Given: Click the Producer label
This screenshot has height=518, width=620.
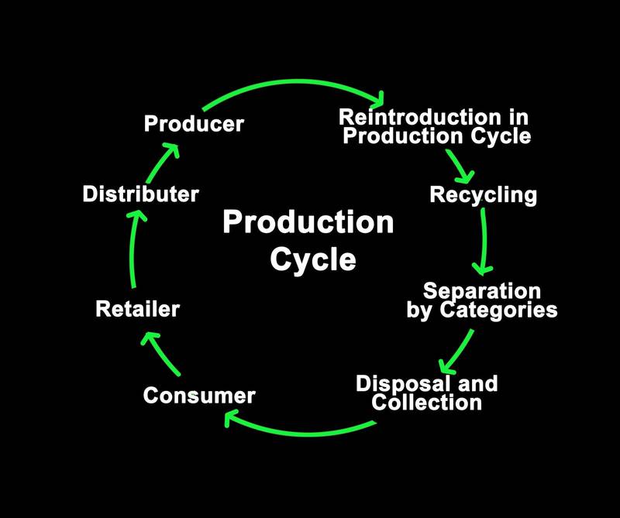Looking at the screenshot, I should pos(194,123).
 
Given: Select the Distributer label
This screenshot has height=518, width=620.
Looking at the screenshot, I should pos(140,194).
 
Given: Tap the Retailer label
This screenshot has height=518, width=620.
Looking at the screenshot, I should pos(137,310).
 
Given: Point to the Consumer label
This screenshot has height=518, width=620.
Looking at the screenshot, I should pos(199,396).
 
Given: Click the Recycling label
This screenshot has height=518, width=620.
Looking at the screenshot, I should pos(483,194).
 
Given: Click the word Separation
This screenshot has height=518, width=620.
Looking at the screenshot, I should pos(481,292).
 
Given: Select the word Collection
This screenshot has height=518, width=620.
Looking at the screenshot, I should pos(426,403).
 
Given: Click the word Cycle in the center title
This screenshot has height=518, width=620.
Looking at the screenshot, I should pos(313,259).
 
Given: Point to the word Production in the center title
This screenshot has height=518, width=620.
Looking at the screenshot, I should pos(308,223).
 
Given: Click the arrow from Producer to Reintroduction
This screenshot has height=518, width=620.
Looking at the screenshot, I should pos(294,84).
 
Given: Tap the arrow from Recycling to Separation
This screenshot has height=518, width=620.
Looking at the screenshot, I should pos(484,240).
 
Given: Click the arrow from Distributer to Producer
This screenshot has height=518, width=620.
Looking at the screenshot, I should pos(164,160).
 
